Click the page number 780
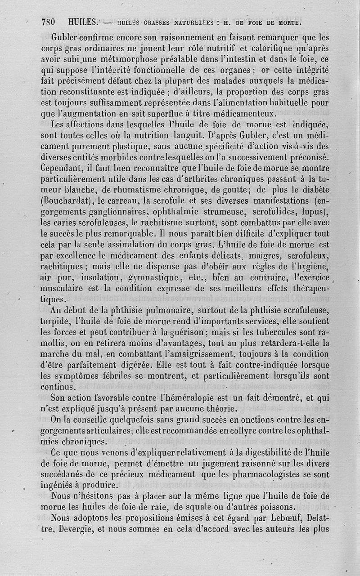48,21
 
